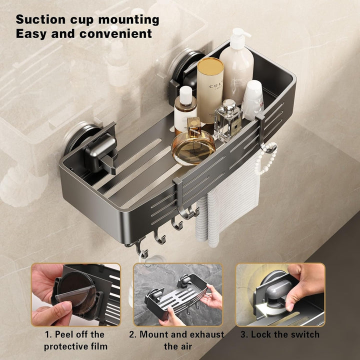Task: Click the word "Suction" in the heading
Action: (x=40, y=19)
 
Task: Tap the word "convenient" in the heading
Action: (x=115, y=33)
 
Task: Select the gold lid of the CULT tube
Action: (x=210, y=64)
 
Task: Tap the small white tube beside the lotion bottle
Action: (x=253, y=100)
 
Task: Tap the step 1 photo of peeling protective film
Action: (x=76, y=294)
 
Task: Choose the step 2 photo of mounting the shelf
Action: (x=178, y=294)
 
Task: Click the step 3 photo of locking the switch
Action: (x=280, y=294)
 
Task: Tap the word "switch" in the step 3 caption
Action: (x=305, y=334)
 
